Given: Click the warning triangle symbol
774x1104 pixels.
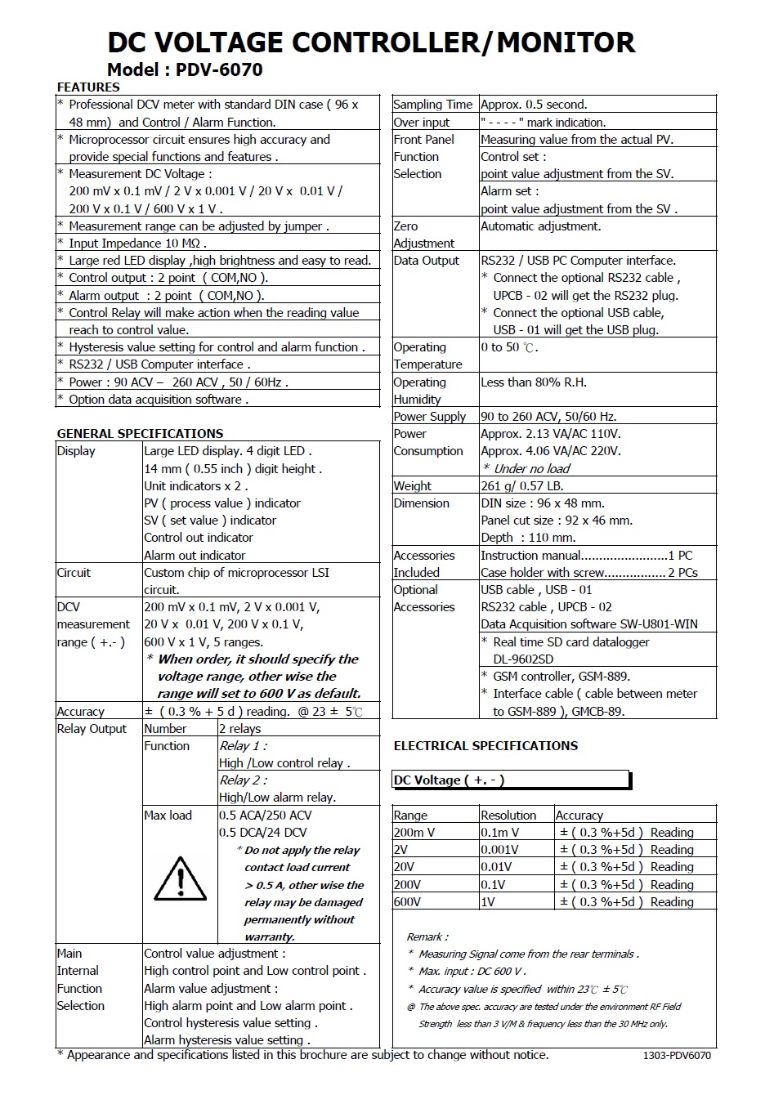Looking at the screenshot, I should pyautogui.click(x=180, y=879).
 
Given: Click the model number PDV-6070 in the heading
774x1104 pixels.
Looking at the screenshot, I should pyautogui.click(x=219, y=70).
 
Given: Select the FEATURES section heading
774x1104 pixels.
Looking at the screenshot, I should pyautogui.click(x=88, y=87).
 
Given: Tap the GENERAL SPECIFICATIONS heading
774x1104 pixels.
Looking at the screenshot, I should pyautogui.click(x=140, y=434).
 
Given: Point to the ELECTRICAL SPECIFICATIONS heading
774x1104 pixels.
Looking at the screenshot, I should pyautogui.click(x=485, y=746).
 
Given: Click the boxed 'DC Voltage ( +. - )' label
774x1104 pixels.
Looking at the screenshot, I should pyautogui.click(x=449, y=780).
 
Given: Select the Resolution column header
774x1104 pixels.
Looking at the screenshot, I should pyautogui.click(x=508, y=816).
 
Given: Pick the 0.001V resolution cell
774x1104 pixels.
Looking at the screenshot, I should pyautogui.click(x=499, y=850).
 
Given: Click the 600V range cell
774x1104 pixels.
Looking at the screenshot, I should pyautogui.click(x=407, y=902).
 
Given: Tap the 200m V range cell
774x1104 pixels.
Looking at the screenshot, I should pyautogui.click(x=414, y=833).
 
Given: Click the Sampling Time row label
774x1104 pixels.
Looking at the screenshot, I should pyautogui.click(x=432, y=105).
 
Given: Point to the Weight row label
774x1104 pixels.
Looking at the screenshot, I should pyautogui.click(x=412, y=486).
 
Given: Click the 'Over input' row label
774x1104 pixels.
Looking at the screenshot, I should pyautogui.click(x=422, y=123).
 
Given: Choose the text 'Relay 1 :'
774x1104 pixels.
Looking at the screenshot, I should pyautogui.click(x=243, y=746).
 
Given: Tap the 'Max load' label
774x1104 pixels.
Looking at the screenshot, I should pyautogui.click(x=168, y=816).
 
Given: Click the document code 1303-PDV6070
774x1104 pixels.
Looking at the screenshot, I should pyautogui.click(x=677, y=1056).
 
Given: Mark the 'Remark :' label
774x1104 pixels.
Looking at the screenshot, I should pyautogui.click(x=427, y=937).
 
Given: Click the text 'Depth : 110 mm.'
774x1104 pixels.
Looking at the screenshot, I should pyautogui.click(x=528, y=538).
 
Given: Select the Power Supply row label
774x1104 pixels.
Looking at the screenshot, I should pyautogui.click(x=430, y=417).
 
